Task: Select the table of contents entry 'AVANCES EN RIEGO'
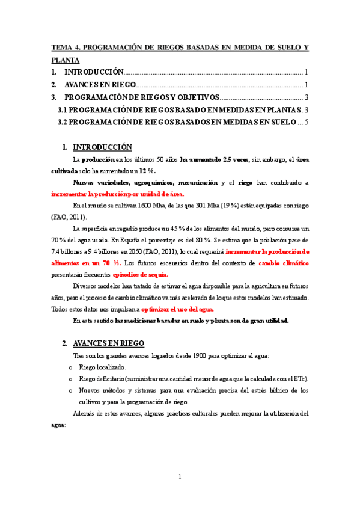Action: click(100, 84)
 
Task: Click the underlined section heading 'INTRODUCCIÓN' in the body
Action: click(102, 147)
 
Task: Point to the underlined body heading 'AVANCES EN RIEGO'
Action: click(108, 343)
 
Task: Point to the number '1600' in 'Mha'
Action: click(139, 206)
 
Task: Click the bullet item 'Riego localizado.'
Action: click(103, 367)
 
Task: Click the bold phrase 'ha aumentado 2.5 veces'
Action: click(215, 159)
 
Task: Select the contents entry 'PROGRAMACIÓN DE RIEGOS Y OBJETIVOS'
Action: click(142, 97)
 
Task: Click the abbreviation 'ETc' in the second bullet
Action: click(298, 378)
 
